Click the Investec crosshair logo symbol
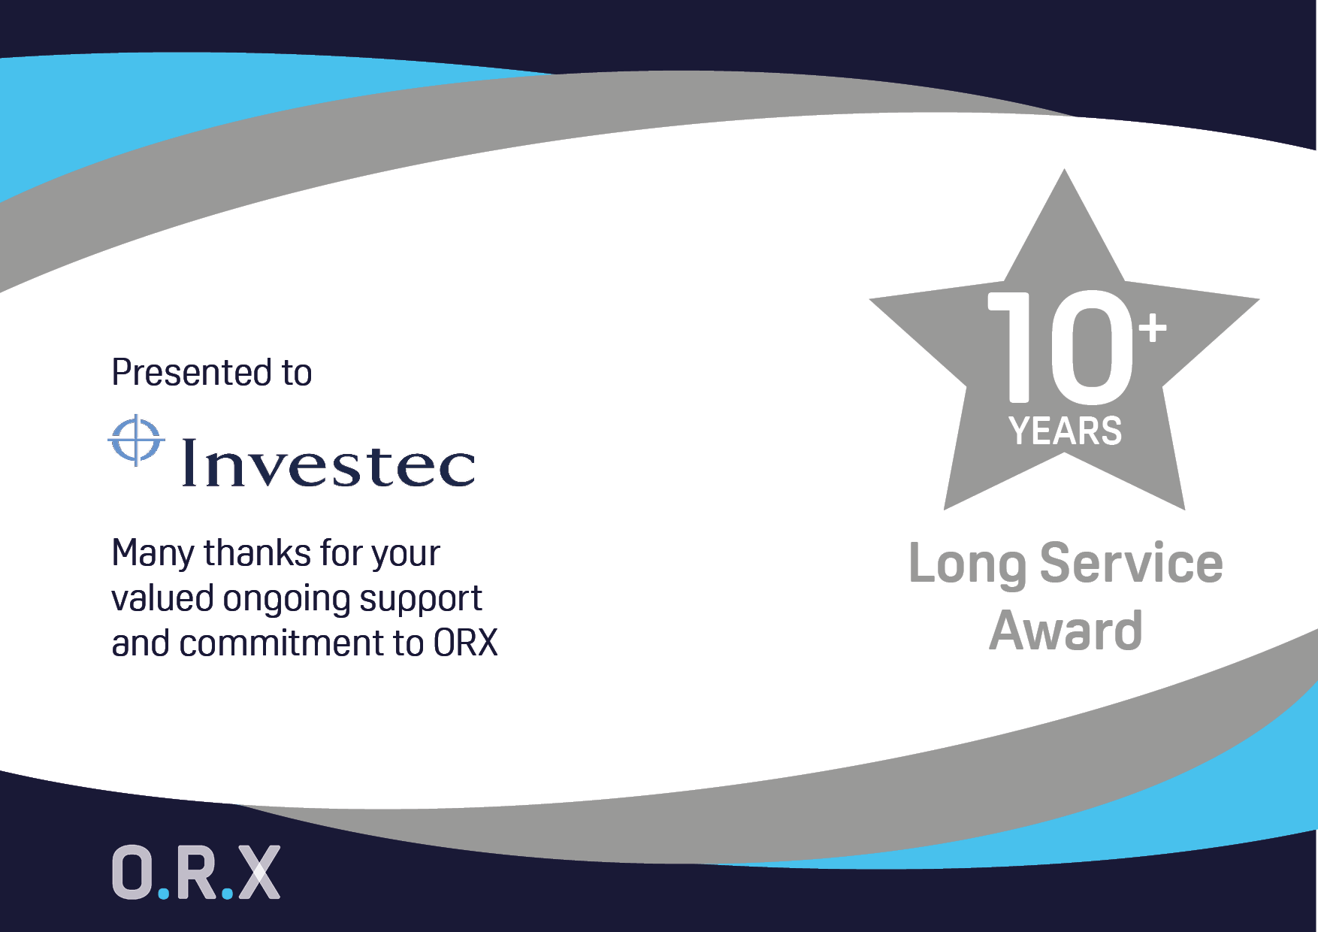136,440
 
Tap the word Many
153,555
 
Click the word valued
163,598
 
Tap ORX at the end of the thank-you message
466,643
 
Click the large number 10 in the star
1060,346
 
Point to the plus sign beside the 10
1153,328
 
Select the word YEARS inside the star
1066,431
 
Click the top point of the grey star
1064,170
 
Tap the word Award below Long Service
1066,630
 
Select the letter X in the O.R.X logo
258,872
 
